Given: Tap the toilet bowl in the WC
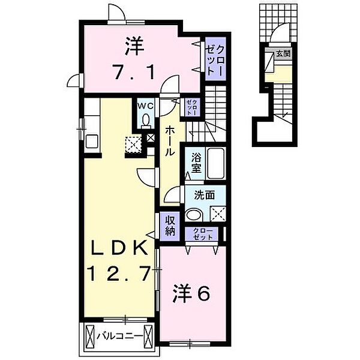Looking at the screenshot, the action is [x=145, y=120].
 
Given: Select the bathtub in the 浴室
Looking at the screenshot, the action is [x=215, y=163].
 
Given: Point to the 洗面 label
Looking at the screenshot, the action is [x=205, y=195].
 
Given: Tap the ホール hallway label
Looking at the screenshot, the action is [x=170, y=141].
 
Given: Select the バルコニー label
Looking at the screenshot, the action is [x=119, y=337].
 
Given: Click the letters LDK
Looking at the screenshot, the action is [x=119, y=248].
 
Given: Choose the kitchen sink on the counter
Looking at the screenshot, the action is [x=92, y=141].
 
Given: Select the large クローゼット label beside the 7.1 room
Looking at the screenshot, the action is [x=215, y=60].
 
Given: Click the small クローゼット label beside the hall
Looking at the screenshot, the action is [x=192, y=107].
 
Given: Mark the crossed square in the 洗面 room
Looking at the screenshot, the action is [x=218, y=214].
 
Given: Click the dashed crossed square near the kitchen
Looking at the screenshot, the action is [x=133, y=145].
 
